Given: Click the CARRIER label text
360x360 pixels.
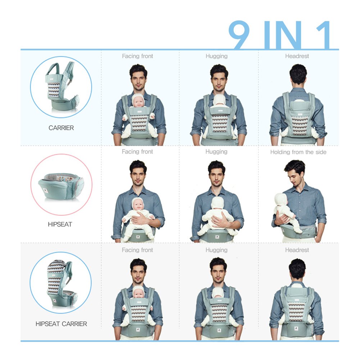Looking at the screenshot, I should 61,128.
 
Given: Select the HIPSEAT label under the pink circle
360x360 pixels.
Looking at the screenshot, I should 60,224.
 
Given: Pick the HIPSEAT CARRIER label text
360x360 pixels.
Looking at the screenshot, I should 61,324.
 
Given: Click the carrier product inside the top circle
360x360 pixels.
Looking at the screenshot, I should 61,87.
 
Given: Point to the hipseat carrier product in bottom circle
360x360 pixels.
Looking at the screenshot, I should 61,283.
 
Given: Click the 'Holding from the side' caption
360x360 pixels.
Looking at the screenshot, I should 298,152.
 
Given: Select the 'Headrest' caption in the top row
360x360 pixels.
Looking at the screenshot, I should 297,56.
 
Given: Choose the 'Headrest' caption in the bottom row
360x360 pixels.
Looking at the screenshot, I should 297,250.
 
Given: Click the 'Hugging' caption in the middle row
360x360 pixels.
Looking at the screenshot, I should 217,152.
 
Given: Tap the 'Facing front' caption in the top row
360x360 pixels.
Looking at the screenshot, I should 137,56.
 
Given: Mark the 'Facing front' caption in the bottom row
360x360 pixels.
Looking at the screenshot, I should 137,250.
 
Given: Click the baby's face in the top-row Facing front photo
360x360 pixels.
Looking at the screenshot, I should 138,103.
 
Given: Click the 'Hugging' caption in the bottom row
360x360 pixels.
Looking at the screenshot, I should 217,250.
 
